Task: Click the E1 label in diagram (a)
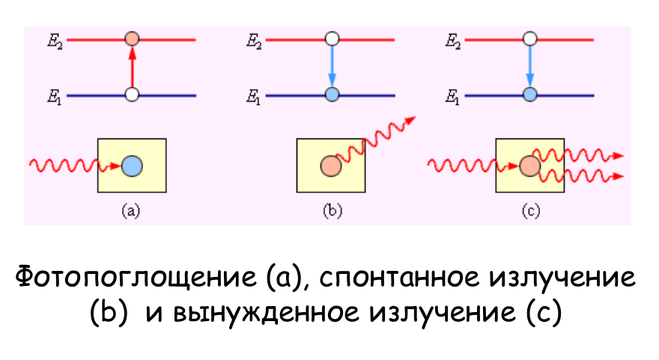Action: [x=54, y=97]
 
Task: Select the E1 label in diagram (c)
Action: [x=452, y=97]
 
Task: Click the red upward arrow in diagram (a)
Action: [x=132, y=67]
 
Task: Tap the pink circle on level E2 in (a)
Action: [x=132, y=37]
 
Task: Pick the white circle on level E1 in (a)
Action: [x=132, y=95]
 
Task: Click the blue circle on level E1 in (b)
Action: [x=332, y=95]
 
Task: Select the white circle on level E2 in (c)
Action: [x=530, y=37]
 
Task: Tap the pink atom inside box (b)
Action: [x=329, y=166]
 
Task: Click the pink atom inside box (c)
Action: [x=529, y=165]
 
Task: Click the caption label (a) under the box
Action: [x=131, y=211]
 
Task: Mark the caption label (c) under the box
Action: [x=530, y=211]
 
